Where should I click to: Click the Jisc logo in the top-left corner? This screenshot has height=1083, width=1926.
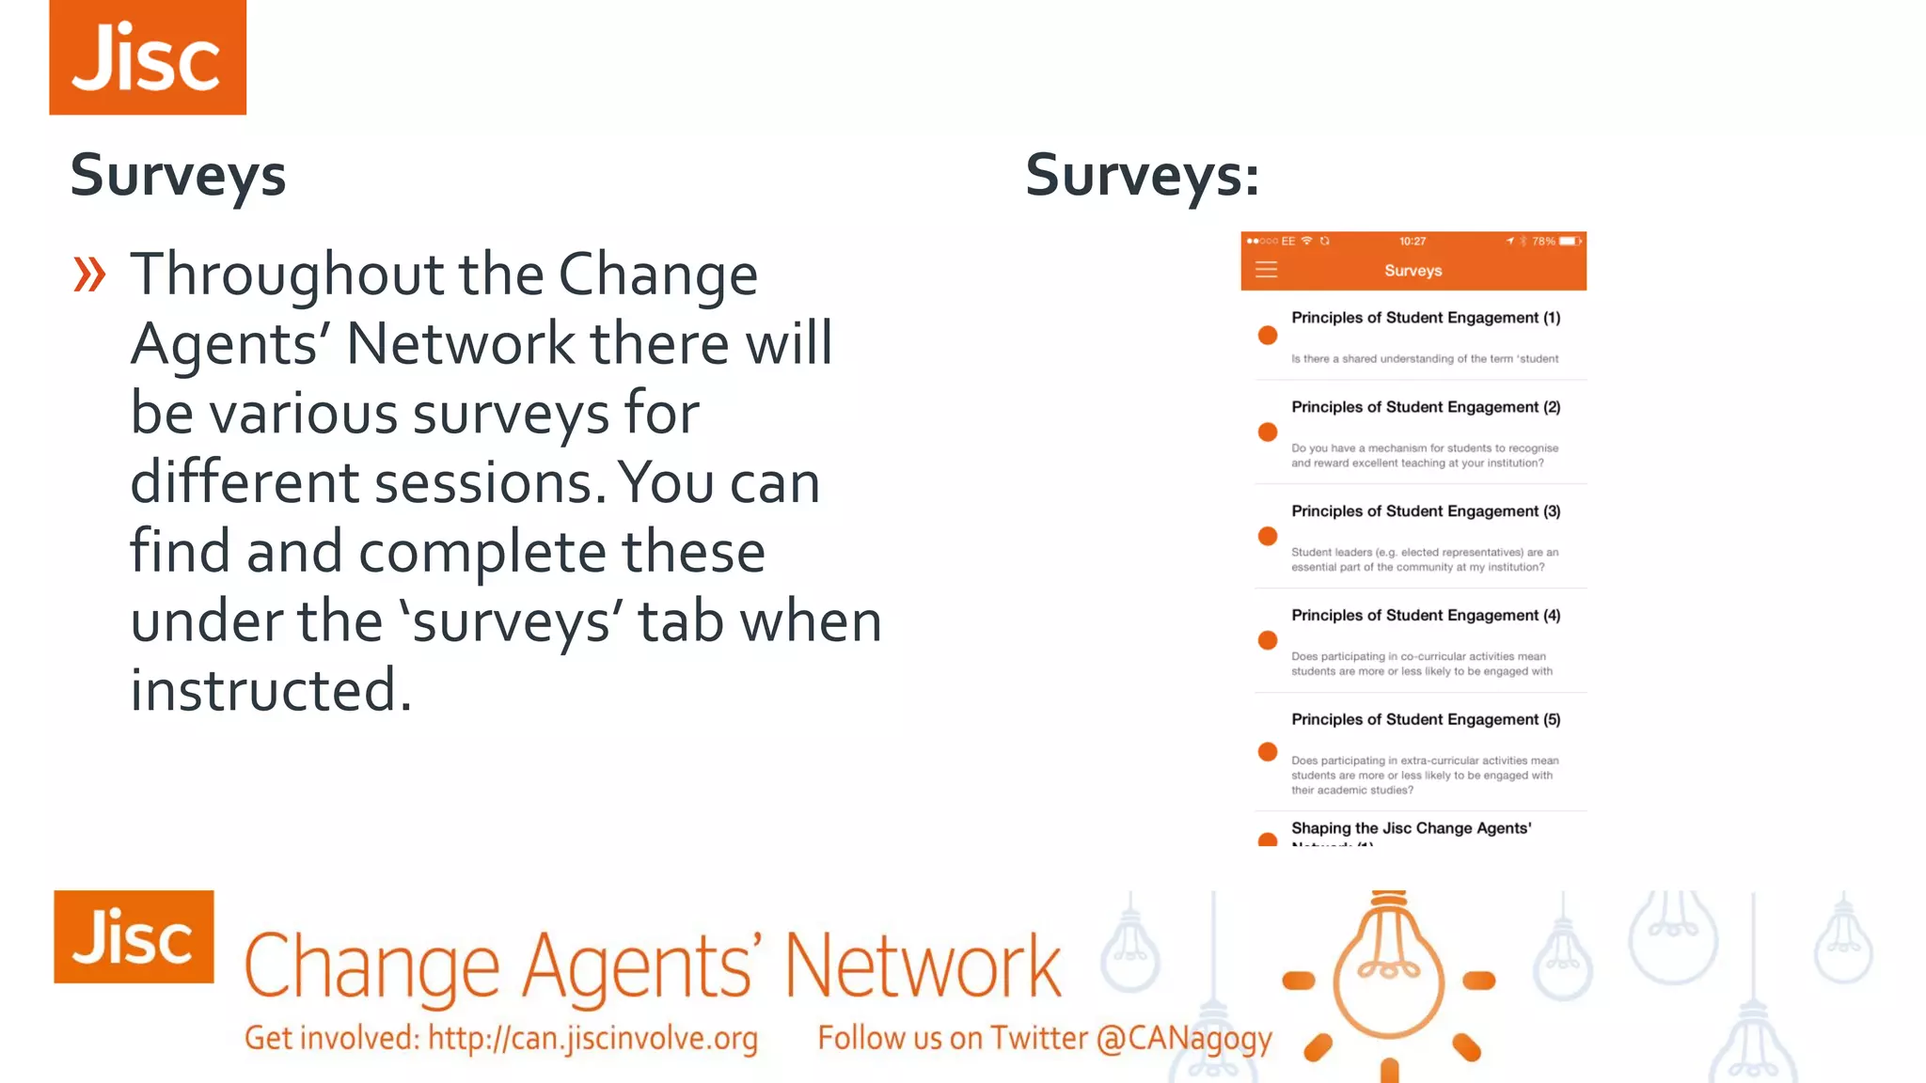(x=148, y=57)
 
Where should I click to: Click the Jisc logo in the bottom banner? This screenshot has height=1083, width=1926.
(x=134, y=936)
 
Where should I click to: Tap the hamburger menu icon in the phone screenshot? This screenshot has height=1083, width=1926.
(x=1267, y=270)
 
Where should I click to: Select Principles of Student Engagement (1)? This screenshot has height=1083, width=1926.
(x=1425, y=318)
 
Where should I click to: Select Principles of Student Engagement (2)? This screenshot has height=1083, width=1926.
(x=1425, y=407)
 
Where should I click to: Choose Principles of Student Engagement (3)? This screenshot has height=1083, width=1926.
(x=1425, y=511)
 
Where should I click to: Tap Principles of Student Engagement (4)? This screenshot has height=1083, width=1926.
(x=1425, y=616)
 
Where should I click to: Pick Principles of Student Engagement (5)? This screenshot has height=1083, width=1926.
(x=1425, y=720)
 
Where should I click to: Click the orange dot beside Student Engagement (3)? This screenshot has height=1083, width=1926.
(x=1268, y=536)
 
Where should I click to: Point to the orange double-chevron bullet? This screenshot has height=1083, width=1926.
(x=89, y=275)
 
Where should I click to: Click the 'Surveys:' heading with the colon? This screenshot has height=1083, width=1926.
(x=1142, y=176)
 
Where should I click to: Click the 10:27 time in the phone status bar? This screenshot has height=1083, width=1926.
(x=1412, y=242)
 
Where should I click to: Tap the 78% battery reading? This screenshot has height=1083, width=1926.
(x=1543, y=242)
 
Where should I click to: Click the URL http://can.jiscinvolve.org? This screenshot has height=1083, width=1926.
(x=592, y=1038)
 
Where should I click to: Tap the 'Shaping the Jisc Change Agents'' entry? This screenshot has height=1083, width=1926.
(x=1411, y=828)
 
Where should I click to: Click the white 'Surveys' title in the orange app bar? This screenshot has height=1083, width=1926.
(x=1413, y=271)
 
